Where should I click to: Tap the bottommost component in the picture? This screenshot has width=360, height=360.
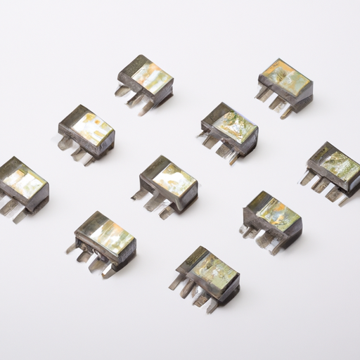point(207,275)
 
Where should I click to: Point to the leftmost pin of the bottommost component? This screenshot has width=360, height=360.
point(174,283)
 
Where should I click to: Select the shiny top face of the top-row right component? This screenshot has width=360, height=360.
point(286,77)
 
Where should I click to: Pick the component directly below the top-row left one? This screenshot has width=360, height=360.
point(86,132)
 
